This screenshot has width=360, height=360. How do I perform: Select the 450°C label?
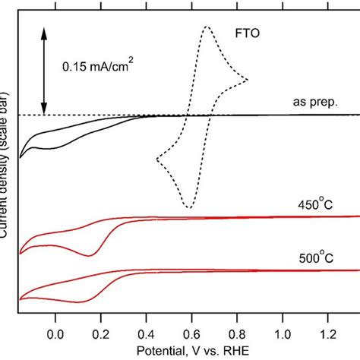(314, 204)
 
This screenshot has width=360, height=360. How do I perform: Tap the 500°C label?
(314, 257)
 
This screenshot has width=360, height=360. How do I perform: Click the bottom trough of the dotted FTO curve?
(188, 207)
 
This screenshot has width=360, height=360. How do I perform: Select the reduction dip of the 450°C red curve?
(90, 255)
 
